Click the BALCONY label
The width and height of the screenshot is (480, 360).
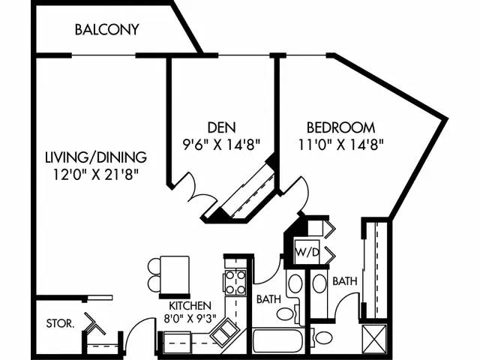(x=106, y=30)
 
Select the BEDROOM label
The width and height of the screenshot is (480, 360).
(x=340, y=127)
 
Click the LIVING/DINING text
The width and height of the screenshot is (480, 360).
(x=95, y=157)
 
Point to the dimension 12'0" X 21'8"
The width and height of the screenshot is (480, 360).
(x=95, y=173)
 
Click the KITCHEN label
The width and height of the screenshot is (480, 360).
(x=190, y=305)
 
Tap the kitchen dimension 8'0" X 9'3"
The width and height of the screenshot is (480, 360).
(x=189, y=317)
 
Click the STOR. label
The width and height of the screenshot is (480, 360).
(x=59, y=324)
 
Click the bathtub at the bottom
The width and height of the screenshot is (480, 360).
(x=278, y=342)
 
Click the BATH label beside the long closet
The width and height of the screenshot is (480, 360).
(x=344, y=281)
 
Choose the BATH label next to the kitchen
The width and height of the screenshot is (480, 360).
(x=268, y=298)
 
